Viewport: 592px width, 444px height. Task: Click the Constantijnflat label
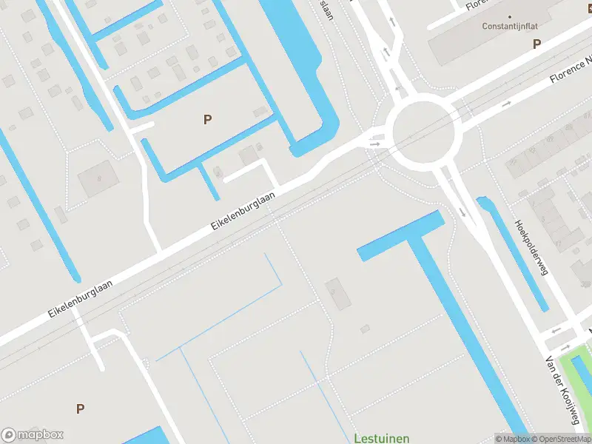coord(510,26)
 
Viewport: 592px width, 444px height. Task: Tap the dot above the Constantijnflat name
coord(510,16)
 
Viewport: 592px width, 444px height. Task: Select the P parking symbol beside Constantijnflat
coord(536,44)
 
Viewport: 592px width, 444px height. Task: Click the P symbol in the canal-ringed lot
coord(207,118)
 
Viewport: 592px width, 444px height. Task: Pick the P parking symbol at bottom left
coord(80,408)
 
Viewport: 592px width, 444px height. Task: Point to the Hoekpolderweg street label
coord(531,247)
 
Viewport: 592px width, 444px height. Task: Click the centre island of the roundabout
coord(423,133)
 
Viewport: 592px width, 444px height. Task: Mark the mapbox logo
coord(33,435)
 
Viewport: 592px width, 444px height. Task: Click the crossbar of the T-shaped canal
coord(400,236)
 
